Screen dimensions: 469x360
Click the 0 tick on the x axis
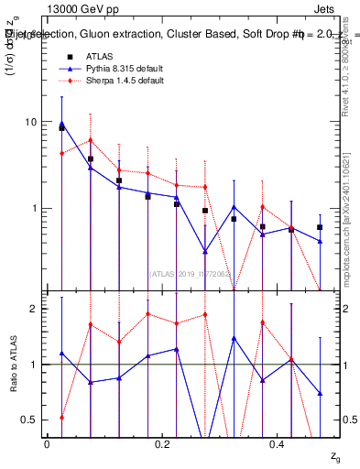tap(47, 443)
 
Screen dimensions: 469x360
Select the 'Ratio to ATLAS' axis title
tap(13, 365)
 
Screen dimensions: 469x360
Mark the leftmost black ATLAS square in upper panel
tap(61, 128)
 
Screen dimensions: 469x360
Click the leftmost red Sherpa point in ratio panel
tap(61, 417)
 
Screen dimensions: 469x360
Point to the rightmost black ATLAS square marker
tap(320, 226)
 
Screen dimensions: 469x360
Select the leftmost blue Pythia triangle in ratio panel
tap(61, 353)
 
